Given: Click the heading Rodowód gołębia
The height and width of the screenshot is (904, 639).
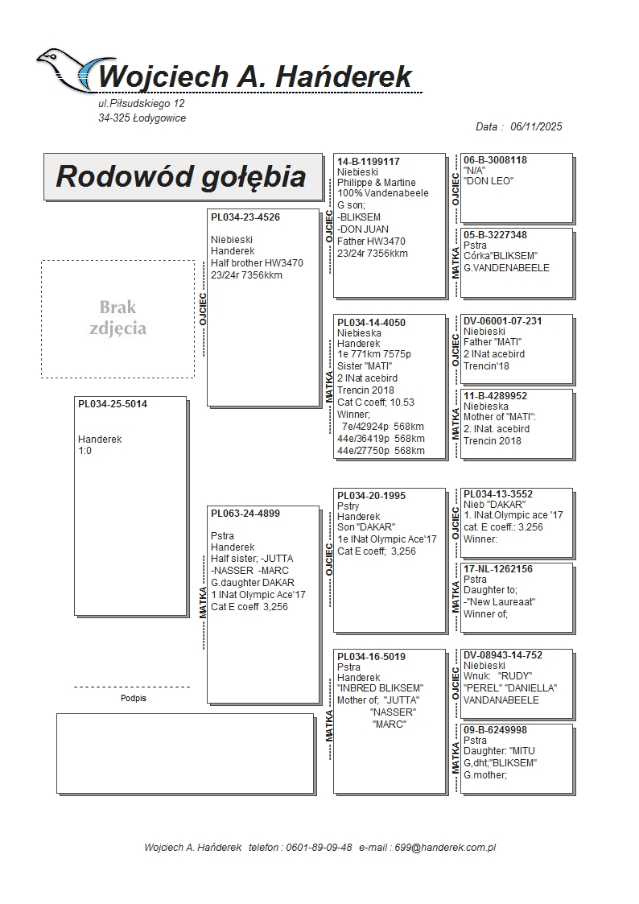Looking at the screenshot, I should (x=181, y=176).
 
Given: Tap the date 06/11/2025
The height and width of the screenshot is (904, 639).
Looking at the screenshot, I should (x=536, y=126).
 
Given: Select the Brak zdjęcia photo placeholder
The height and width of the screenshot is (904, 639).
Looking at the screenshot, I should (x=117, y=318).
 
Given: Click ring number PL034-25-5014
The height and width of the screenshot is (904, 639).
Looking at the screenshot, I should (x=113, y=404).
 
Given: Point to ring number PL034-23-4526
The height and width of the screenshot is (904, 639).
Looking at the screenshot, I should (x=245, y=217).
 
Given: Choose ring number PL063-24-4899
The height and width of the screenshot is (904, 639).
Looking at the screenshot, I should (x=245, y=513).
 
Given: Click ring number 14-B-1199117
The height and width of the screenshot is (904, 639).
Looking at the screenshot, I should (x=369, y=162).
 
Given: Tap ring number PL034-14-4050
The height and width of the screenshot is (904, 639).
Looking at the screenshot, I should (x=372, y=323).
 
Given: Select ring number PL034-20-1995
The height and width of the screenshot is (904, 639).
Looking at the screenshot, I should (x=372, y=496).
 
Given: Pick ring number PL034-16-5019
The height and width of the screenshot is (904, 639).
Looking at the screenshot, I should (x=372, y=657).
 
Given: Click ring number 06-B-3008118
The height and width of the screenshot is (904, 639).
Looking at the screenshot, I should (x=496, y=160).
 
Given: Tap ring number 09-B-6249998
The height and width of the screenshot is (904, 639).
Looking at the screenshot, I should (x=496, y=730).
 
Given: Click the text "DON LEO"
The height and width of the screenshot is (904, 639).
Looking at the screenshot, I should (x=489, y=181).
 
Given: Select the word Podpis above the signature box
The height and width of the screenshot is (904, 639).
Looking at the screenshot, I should (x=133, y=698).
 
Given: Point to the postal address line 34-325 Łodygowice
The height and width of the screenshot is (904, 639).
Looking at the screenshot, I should (x=142, y=118).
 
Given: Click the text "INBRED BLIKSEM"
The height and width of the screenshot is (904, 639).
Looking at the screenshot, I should (x=380, y=688).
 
